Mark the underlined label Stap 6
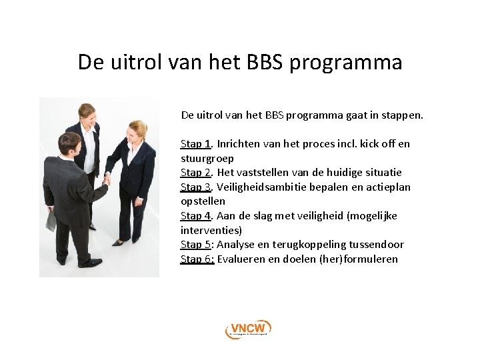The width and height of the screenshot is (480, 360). click(197, 259)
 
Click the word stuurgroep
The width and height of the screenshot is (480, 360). click(207, 159)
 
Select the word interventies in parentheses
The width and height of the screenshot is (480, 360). click(210, 230)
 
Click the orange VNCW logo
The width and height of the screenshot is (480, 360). click(248, 329)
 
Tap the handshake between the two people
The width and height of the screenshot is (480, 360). click(107, 179)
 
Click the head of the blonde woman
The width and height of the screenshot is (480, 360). click(137, 130)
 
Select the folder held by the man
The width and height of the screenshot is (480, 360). click(51, 220)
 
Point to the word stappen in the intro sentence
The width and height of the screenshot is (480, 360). click(401, 115)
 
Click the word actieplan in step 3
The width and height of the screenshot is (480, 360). click(388, 187)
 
